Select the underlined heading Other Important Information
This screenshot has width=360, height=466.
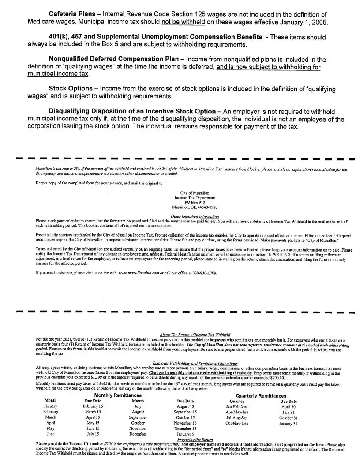click(195, 216)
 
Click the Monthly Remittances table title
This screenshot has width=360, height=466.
click(118, 395)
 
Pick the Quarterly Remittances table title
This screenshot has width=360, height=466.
click(261, 396)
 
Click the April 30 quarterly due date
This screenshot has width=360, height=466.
click(289, 406)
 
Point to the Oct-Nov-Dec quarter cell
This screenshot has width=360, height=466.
click(237, 423)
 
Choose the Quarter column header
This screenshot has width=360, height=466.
click(237, 401)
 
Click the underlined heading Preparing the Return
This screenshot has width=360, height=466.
click(195, 440)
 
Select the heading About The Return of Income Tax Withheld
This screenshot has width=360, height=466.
click(195, 335)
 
